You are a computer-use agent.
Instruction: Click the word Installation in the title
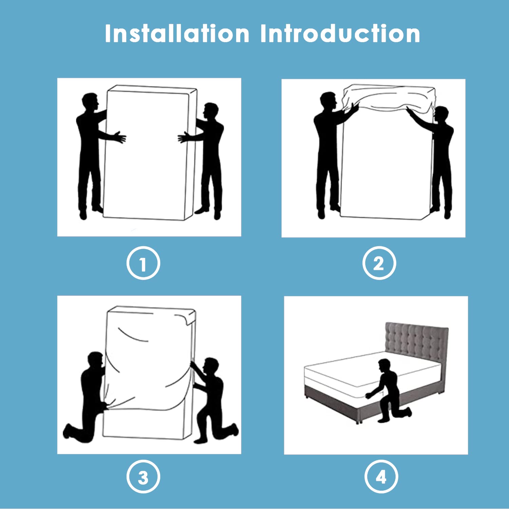click(x=177, y=34)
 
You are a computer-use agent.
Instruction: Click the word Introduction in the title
click(x=340, y=34)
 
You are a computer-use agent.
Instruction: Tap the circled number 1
click(x=143, y=263)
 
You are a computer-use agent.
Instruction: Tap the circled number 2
click(x=379, y=263)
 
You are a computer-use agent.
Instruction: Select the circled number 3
click(x=143, y=477)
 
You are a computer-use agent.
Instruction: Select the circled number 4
click(x=381, y=477)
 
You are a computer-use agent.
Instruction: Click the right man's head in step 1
click(x=211, y=111)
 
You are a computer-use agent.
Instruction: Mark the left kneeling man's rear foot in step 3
click(x=68, y=431)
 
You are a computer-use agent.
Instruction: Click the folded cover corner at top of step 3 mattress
click(x=188, y=318)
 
